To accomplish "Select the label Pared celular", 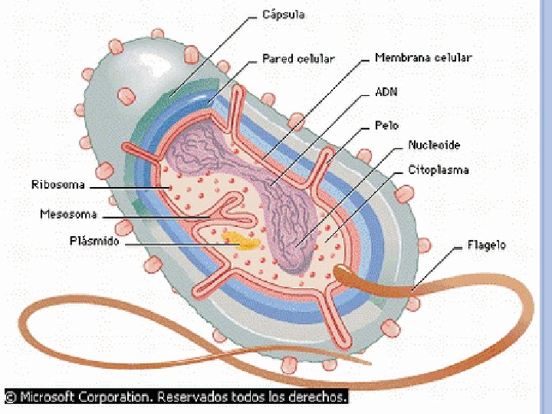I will coord(298,58).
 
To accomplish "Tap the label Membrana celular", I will coord(422,58).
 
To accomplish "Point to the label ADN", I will coord(386,92).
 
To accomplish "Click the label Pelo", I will coord(386,126).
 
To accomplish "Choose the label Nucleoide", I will coord(434,145).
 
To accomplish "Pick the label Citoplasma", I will coord(439,169).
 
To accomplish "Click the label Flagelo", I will coord(487,246).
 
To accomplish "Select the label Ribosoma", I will coord(58,185).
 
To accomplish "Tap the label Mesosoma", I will coord(68,215).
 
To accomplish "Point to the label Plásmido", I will coord(94,242).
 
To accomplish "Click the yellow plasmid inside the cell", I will coord(242,242).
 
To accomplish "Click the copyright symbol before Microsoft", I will coord(10,397).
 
